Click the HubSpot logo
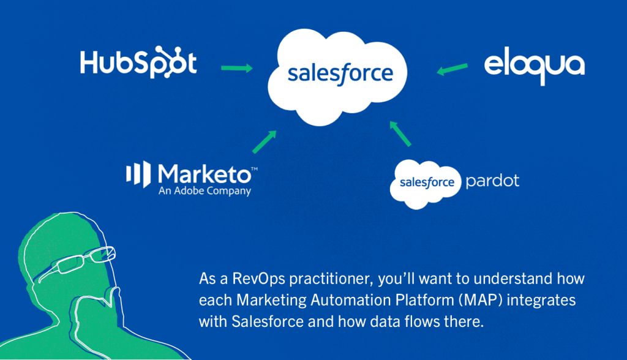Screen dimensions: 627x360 coord(138,62)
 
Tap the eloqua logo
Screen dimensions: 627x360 coord(534,66)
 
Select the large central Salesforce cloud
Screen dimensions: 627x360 coord(337,77)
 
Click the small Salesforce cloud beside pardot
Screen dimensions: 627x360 coord(426,184)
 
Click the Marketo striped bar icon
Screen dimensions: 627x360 coord(138,174)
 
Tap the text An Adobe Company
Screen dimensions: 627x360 coord(205,191)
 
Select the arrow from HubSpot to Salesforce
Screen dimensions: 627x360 coord(237,68)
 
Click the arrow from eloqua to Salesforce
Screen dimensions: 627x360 coord(452,69)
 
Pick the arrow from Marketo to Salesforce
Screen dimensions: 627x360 coord(265,142)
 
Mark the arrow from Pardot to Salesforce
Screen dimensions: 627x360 coord(400,133)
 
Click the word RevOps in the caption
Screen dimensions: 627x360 coord(259,279)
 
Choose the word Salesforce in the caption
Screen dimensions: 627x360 coord(268,321)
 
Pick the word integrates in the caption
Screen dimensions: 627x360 coord(541,301)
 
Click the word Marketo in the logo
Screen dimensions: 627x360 coord(205,174)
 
